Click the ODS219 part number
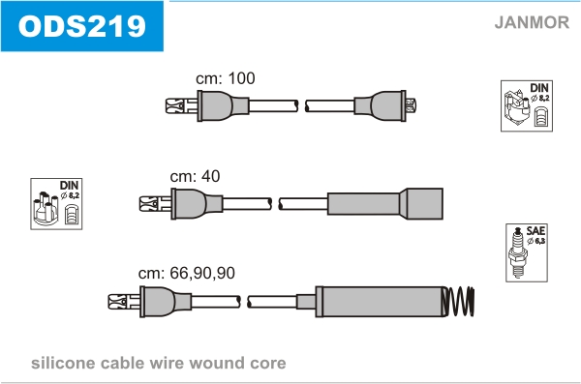(82, 26)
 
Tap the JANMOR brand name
(532, 22)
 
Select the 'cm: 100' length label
(226, 78)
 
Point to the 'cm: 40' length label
(195, 176)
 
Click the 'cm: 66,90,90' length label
(186, 274)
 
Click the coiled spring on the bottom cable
(459, 302)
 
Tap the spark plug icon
(517, 252)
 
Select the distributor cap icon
(46, 209)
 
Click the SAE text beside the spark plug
(535, 231)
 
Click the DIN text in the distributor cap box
(70, 185)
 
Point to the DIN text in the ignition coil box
(539, 88)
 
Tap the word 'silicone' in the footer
(63, 363)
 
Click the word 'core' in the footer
(268, 364)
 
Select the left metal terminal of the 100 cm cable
(181, 105)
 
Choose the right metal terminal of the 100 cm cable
(411, 105)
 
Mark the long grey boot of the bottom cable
(381, 302)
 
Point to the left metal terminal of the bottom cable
(124, 302)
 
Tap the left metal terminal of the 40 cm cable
(155, 204)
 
